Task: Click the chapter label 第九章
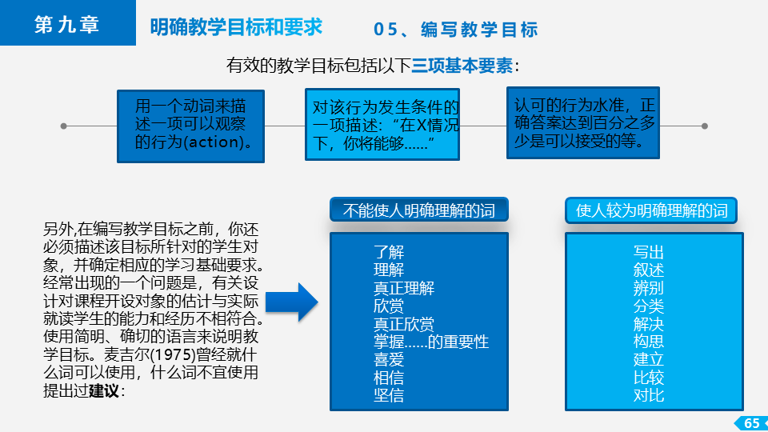click(66, 24)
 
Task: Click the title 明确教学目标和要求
click(236, 27)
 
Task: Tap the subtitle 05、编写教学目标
click(455, 30)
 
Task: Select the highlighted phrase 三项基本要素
click(462, 65)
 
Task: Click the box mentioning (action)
click(190, 126)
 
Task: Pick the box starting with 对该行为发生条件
click(382, 125)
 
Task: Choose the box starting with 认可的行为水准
click(583, 123)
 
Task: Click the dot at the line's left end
click(63, 126)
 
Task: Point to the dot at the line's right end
click(704, 126)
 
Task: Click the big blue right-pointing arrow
click(292, 302)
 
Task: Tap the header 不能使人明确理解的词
click(418, 210)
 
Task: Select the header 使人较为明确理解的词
click(651, 210)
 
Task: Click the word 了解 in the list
click(389, 252)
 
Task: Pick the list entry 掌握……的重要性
click(431, 342)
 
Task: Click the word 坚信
click(389, 394)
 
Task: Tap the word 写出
click(649, 252)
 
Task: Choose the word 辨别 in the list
click(649, 288)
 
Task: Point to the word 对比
click(649, 394)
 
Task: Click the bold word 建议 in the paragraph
click(104, 391)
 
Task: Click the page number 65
click(752, 423)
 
